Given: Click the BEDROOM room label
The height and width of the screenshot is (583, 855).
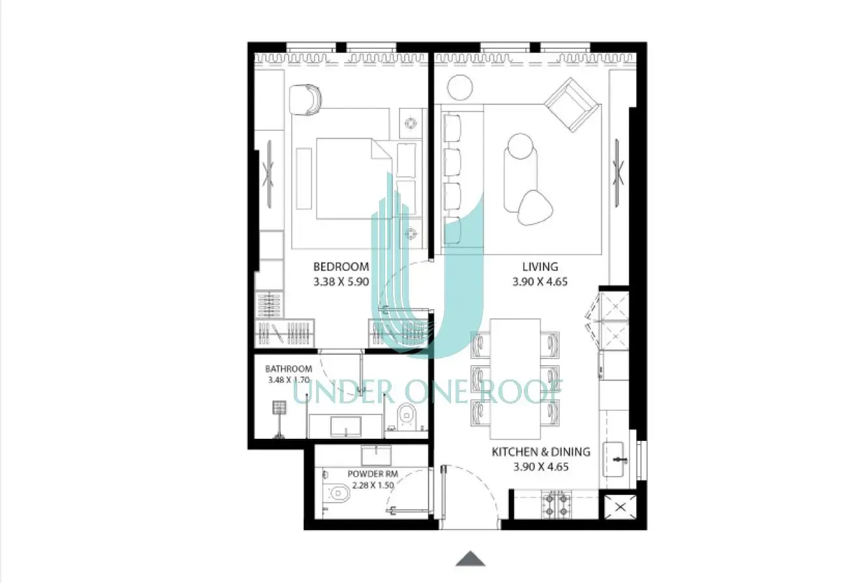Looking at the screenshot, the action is click(x=341, y=267).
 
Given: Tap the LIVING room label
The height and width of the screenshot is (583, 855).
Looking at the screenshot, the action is click(x=540, y=267).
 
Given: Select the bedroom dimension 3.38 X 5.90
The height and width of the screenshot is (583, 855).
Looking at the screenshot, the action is click(x=341, y=282).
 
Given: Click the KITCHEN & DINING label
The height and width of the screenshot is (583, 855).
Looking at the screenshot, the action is click(x=541, y=452).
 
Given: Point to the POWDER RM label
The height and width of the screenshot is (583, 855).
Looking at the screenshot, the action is click(x=373, y=474).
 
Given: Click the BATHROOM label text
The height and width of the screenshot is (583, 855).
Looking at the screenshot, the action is click(x=289, y=369).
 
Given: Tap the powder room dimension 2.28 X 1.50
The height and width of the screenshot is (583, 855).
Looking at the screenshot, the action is click(x=373, y=486).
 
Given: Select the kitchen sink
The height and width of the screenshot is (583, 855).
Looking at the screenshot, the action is click(x=613, y=460).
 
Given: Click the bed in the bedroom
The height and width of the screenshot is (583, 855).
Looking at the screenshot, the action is click(x=355, y=179).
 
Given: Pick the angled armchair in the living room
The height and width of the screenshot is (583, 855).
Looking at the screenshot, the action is click(x=571, y=105).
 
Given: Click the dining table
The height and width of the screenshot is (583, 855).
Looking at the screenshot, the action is click(x=515, y=379).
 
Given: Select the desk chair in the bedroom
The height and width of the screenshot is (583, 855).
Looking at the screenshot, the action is click(x=305, y=99).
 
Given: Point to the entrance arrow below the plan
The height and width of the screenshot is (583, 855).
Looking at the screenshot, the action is click(x=471, y=559).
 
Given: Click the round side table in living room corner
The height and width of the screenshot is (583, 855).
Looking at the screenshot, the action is click(x=460, y=87).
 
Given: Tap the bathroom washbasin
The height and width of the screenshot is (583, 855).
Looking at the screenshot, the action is click(x=346, y=426).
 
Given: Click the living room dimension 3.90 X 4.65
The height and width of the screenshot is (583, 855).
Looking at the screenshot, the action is click(x=540, y=282).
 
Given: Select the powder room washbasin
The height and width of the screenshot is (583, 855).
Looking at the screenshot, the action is click(x=377, y=455).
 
